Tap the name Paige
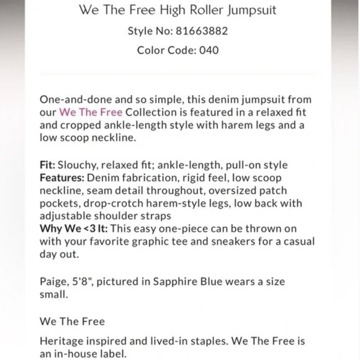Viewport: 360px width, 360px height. [53, 282]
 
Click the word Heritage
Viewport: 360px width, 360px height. [62, 341]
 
